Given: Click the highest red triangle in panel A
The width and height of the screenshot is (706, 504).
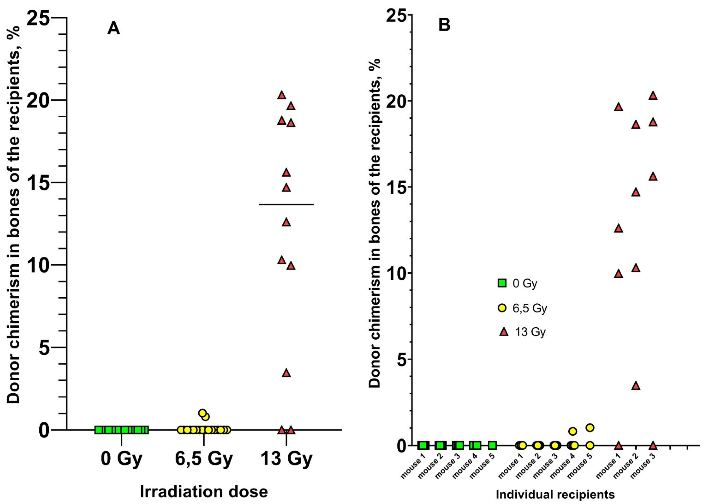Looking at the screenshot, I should (x=281, y=95).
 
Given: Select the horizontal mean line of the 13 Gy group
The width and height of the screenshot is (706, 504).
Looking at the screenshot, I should (x=286, y=205).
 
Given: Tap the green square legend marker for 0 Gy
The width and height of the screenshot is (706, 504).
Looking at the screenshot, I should (x=502, y=283).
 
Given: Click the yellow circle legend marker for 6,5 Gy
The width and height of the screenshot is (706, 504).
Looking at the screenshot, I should (x=502, y=308).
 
